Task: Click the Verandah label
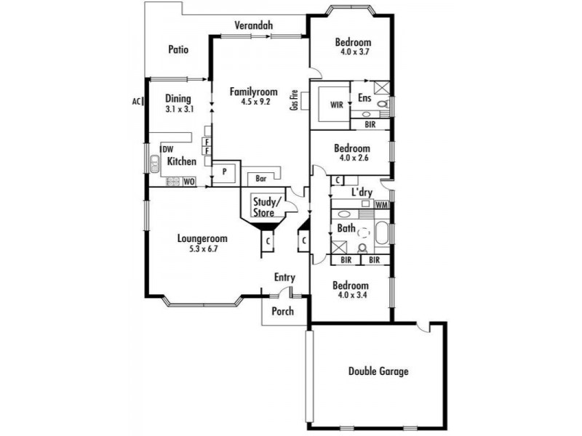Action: click(x=253, y=25)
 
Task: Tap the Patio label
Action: click(x=178, y=49)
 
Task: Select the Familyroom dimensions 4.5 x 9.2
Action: click(x=255, y=101)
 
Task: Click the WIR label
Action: click(x=337, y=105)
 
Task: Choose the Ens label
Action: click(x=364, y=97)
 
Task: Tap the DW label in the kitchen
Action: click(x=168, y=150)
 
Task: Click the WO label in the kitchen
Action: click(x=189, y=182)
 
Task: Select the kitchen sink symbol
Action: click(x=154, y=164)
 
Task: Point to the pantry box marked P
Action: click(x=224, y=172)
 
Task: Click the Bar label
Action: click(x=261, y=179)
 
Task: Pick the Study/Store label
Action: click(x=264, y=207)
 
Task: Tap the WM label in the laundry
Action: click(x=381, y=205)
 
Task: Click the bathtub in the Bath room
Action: click(x=382, y=233)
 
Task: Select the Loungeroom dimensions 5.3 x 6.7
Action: click(x=204, y=249)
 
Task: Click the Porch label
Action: click(x=282, y=311)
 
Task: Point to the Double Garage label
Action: click(x=378, y=371)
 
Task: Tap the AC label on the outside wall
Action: click(x=137, y=101)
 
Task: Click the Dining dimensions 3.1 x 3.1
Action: click(x=180, y=110)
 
